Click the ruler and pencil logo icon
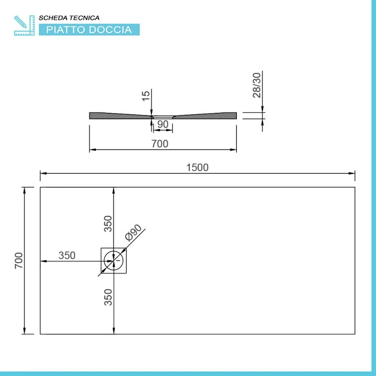tap(24, 25)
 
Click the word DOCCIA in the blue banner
tap(110, 30)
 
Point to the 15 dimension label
tap(146, 96)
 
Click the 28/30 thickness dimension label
tap(257, 86)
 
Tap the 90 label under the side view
tap(163, 124)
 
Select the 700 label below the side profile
tap(160, 144)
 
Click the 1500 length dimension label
tap(197, 167)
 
